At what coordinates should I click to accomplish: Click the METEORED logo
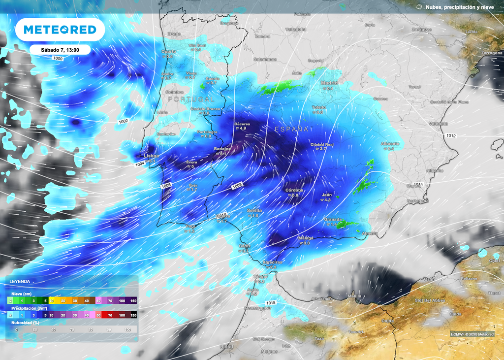(x=60, y=30)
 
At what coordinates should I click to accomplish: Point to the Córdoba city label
(x=294, y=190)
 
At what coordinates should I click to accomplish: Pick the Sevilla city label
(x=254, y=210)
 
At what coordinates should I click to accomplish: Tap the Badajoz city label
(x=222, y=148)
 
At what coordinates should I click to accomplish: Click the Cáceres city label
(x=243, y=123)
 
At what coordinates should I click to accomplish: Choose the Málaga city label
(x=306, y=237)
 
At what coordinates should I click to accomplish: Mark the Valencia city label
(x=438, y=124)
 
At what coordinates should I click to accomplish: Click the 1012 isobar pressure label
(x=452, y=135)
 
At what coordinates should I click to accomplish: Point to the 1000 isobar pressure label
(x=58, y=58)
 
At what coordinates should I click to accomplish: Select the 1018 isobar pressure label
(x=270, y=302)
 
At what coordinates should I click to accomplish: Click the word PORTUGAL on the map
(x=191, y=99)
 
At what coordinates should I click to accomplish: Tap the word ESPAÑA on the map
(x=291, y=129)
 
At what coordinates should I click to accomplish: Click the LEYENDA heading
(x=20, y=282)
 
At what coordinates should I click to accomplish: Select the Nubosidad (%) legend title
(x=26, y=322)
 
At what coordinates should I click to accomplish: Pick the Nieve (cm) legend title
(x=21, y=294)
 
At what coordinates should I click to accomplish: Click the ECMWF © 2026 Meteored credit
(x=473, y=334)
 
